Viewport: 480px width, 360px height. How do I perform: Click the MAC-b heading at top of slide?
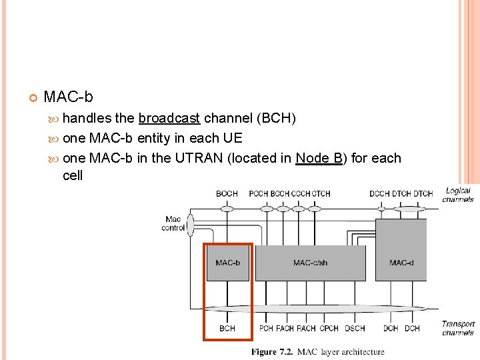(68, 97)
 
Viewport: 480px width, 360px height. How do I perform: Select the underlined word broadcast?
(169, 119)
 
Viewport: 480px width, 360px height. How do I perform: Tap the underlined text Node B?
(319, 158)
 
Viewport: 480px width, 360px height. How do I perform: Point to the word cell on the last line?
(73, 175)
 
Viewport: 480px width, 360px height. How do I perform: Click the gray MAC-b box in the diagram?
(227, 263)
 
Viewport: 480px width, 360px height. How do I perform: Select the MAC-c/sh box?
(310, 263)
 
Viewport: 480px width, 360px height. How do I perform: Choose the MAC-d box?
(401, 263)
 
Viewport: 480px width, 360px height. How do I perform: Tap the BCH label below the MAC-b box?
(227, 328)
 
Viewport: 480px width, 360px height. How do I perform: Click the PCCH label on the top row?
(259, 194)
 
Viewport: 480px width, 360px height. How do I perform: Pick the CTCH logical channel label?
(321, 194)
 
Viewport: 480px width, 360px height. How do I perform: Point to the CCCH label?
(301, 194)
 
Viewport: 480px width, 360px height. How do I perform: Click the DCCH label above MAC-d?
(379, 194)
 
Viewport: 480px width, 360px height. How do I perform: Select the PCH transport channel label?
(266, 328)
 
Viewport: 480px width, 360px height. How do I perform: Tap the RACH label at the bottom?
(306, 328)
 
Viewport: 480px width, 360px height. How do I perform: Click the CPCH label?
(329, 328)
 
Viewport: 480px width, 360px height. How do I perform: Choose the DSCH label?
(355, 328)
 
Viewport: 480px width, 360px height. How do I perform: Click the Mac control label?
(173, 223)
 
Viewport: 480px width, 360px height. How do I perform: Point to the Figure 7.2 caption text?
(317, 352)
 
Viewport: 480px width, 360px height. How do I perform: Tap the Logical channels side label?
(458, 195)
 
